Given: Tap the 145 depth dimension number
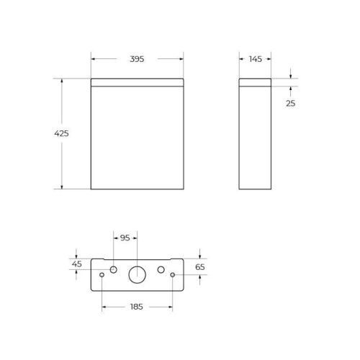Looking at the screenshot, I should pyautogui.click(x=256, y=58).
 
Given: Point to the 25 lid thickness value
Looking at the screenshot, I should pyautogui.click(x=291, y=103).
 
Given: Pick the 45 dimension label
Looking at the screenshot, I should pyautogui.click(x=76, y=264).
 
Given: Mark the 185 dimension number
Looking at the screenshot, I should pyautogui.click(x=136, y=306).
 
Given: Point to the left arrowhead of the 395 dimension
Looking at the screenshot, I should pyautogui.click(x=93, y=58).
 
